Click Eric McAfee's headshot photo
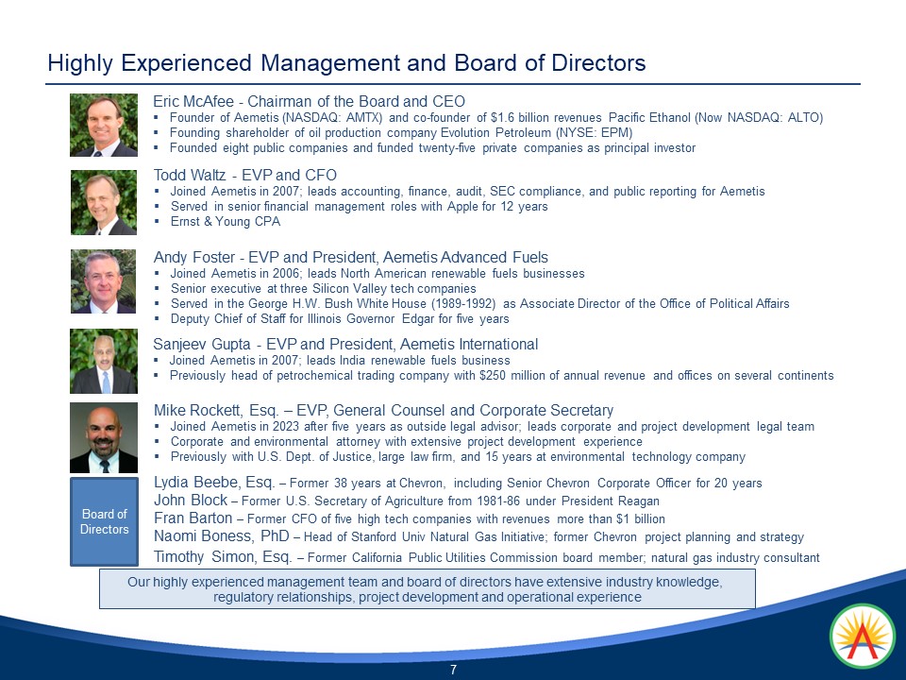104,125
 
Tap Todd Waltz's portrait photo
104,202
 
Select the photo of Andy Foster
104,281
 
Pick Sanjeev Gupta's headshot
104,361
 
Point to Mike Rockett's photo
104,438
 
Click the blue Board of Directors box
104,522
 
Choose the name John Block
191,501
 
